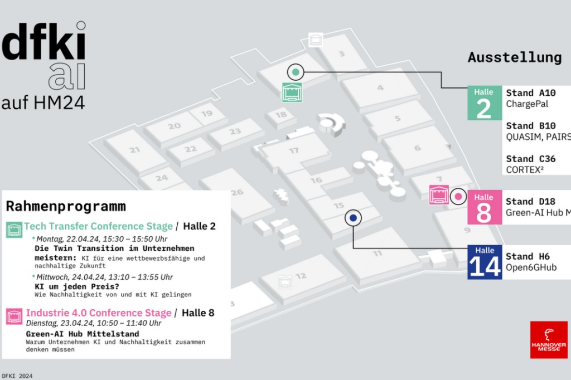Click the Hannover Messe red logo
pos(549,339)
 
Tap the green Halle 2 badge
pos(484,103)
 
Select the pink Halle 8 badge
pos(484,207)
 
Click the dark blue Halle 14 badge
pos(485,262)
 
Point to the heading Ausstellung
pos(514,57)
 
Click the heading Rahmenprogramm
pos(66,206)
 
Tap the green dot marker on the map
pos(296,71)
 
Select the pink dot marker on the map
pos(458,196)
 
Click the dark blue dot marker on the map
pos(353,218)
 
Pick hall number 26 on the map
pos(238,192)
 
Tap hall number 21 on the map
pos(134,150)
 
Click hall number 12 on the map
pos(301,276)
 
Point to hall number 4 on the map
pos(380,87)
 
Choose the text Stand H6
pos(528,256)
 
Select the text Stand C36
pos(530,159)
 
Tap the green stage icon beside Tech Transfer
pos(14,229)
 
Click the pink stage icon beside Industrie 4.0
pos(14,316)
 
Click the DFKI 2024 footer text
pos(17,376)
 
